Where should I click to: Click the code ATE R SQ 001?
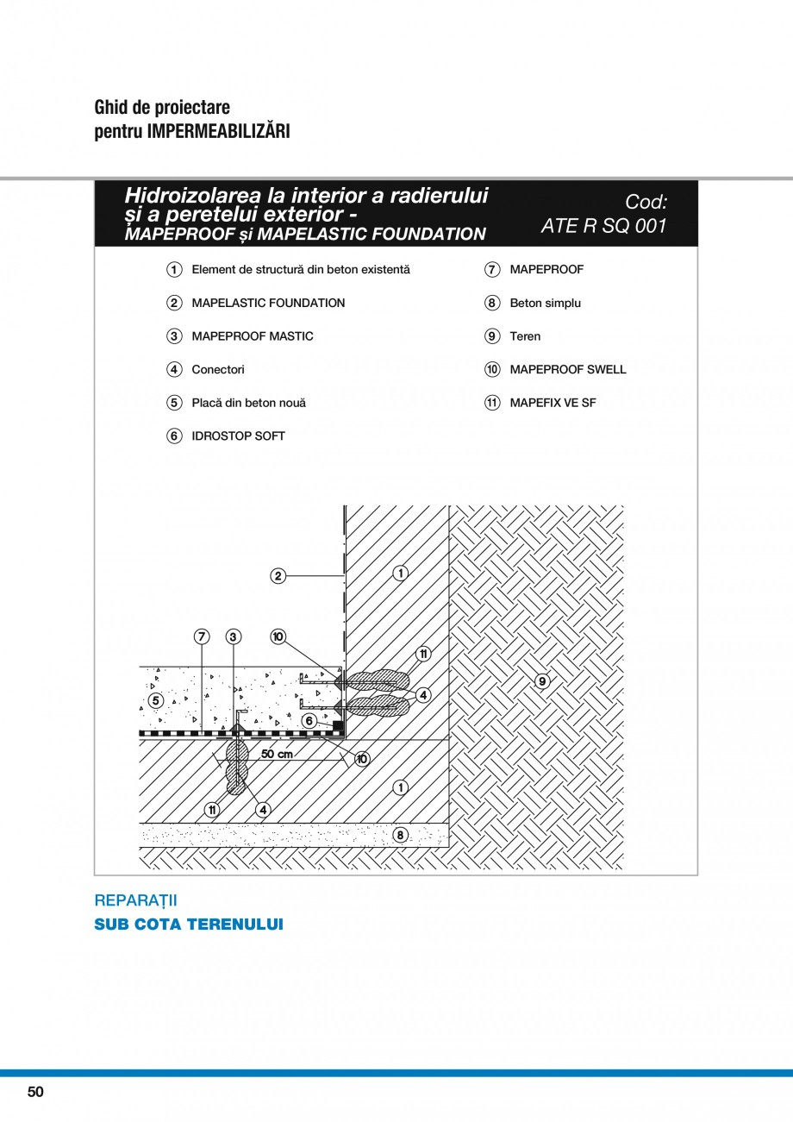pyautogui.click(x=603, y=228)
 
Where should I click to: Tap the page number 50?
pyautogui.click(x=34, y=1092)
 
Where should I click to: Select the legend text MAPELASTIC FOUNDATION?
pyautogui.click(x=268, y=303)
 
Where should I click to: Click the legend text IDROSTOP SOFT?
pyautogui.click(x=238, y=436)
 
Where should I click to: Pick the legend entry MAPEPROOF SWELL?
pyautogui.click(x=567, y=369)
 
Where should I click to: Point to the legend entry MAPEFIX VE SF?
pyautogui.click(x=553, y=403)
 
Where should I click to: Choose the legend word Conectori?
pyautogui.click(x=218, y=369)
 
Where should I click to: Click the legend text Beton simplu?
pyautogui.click(x=545, y=303)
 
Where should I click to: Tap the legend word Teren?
pyautogui.click(x=525, y=336)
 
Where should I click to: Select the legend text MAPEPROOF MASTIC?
pyautogui.click(x=253, y=336)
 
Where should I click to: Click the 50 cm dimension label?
pyautogui.click(x=276, y=754)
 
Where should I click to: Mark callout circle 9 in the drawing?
pyautogui.click(x=541, y=681)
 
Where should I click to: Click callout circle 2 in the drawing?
pyautogui.click(x=278, y=576)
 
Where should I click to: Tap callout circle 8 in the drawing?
pyautogui.click(x=400, y=835)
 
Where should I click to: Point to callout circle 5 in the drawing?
pyautogui.click(x=155, y=700)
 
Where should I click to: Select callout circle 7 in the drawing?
pyautogui.click(x=202, y=637)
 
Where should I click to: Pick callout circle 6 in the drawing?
pyautogui.click(x=309, y=720)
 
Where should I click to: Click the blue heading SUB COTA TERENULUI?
pyautogui.click(x=188, y=925)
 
